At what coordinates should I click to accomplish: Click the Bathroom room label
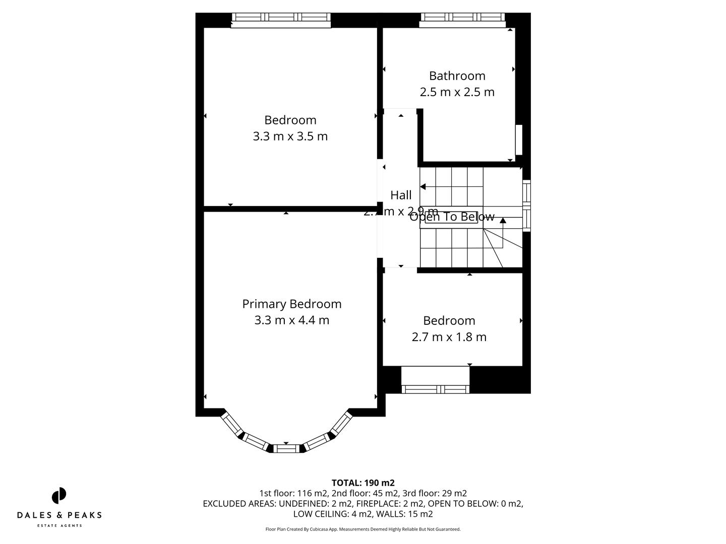[x=457, y=76]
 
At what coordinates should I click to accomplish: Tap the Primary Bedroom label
[x=291, y=304]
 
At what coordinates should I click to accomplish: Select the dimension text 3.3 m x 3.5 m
[x=290, y=136]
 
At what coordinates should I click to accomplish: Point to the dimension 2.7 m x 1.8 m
[x=449, y=337]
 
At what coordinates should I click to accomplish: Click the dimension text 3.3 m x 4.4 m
[x=291, y=320]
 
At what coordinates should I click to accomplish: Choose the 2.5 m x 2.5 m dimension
[x=457, y=92]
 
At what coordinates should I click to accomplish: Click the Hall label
[x=401, y=195]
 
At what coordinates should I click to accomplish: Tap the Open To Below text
[x=452, y=217]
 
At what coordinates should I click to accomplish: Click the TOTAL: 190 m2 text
[x=362, y=483]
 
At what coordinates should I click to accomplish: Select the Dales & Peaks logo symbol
[x=59, y=496]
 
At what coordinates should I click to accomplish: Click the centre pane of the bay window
[x=286, y=448]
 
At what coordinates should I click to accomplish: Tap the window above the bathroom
[x=462, y=18]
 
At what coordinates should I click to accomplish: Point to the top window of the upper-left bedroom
[x=281, y=18]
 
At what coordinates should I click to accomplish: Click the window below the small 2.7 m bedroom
[x=435, y=389]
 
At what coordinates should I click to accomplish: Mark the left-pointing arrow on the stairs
[x=423, y=187]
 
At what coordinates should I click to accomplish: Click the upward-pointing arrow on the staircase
[x=503, y=220]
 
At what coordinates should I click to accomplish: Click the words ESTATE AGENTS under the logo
[x=59, y=526]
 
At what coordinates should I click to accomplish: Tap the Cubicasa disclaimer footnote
[x=362, y=529]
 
